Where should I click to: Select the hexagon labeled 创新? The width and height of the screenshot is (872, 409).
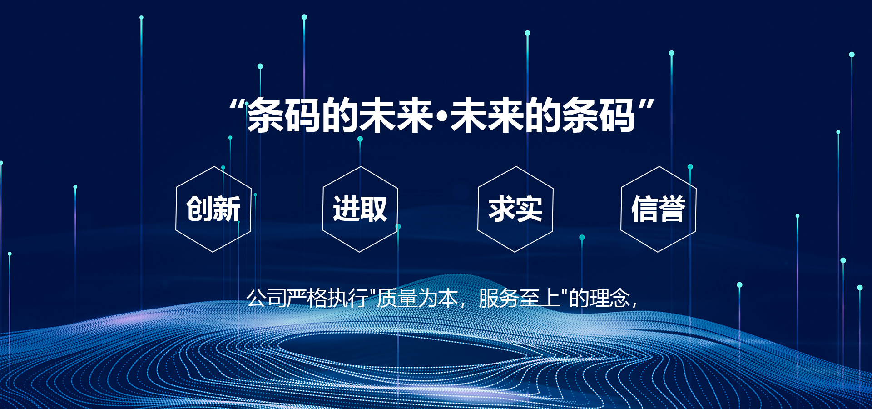pos(213,209)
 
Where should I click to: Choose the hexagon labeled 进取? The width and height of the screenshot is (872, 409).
pos(360,209)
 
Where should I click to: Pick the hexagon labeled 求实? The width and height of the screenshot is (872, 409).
pos(515,209)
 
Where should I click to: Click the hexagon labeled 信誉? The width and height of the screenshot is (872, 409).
pos(659,209)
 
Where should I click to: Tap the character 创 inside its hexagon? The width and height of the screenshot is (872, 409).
pos(199,209)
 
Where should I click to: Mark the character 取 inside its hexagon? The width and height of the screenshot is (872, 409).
pos(374,209)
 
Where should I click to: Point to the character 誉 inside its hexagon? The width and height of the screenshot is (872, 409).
pos(672,209)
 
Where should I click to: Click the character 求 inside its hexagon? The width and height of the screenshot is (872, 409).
pos(502,209)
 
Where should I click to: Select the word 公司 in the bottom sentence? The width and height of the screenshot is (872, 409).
pos(267,299)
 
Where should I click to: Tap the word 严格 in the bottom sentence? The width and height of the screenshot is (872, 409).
pos(307,299)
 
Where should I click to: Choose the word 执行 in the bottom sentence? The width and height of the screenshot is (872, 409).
pos(348,299)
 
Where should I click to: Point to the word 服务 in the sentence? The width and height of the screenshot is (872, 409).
pos(499,299)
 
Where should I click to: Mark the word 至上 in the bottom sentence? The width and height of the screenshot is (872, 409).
pos(540,299)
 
